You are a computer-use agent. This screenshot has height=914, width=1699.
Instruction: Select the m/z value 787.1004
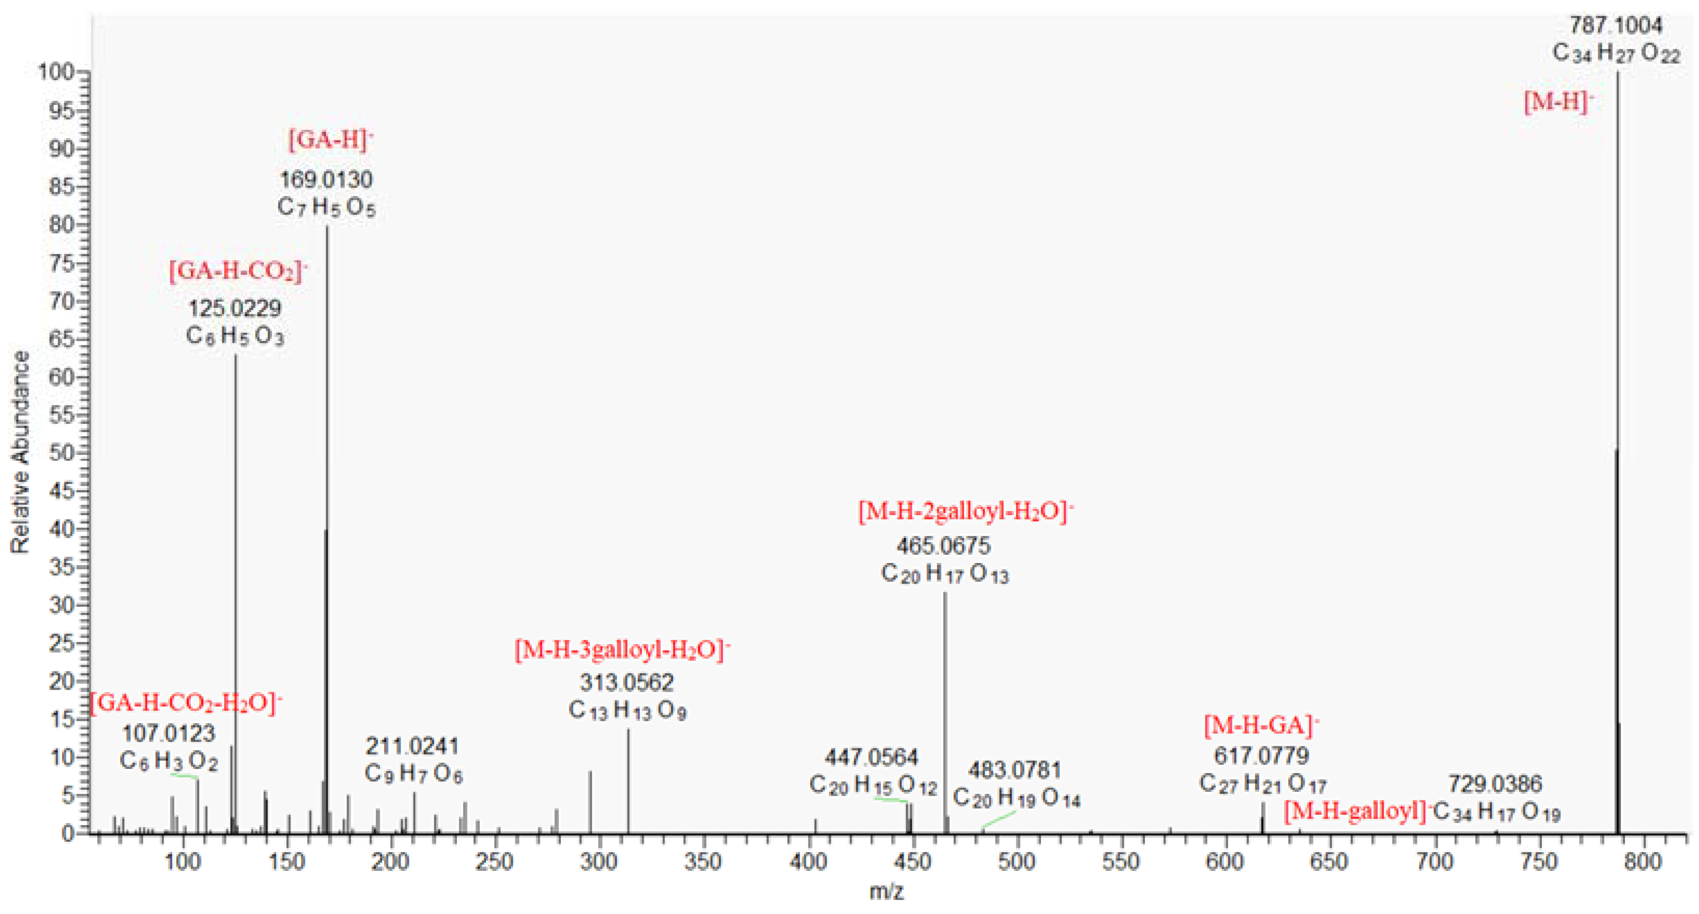[x=1615, y=26]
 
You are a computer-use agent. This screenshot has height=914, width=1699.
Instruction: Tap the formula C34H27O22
[x=1615, y=53]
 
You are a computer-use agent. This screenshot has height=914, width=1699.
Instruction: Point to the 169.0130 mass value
[x=326, y=179]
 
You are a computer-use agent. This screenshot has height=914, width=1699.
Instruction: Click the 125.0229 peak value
[x=235, y=308]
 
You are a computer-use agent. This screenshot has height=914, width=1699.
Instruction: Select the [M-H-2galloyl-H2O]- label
[x=965, y=511]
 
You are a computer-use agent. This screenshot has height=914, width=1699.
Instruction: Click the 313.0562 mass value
[x=627, y=682]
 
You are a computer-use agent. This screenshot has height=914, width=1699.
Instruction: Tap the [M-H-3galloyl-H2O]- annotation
[x=622, y=650]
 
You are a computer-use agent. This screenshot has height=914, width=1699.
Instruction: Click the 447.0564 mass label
[x=871, y=757]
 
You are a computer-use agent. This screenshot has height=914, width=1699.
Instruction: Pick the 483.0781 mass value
[x=1014, y=770]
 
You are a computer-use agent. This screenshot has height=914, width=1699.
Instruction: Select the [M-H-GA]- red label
[x=1260, y=725]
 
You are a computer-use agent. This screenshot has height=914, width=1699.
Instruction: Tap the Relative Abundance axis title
[x=20, y=452]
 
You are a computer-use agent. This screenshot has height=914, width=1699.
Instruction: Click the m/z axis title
[x=886, y=892]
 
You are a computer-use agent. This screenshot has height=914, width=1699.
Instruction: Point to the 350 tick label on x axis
[x=703, y=862]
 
